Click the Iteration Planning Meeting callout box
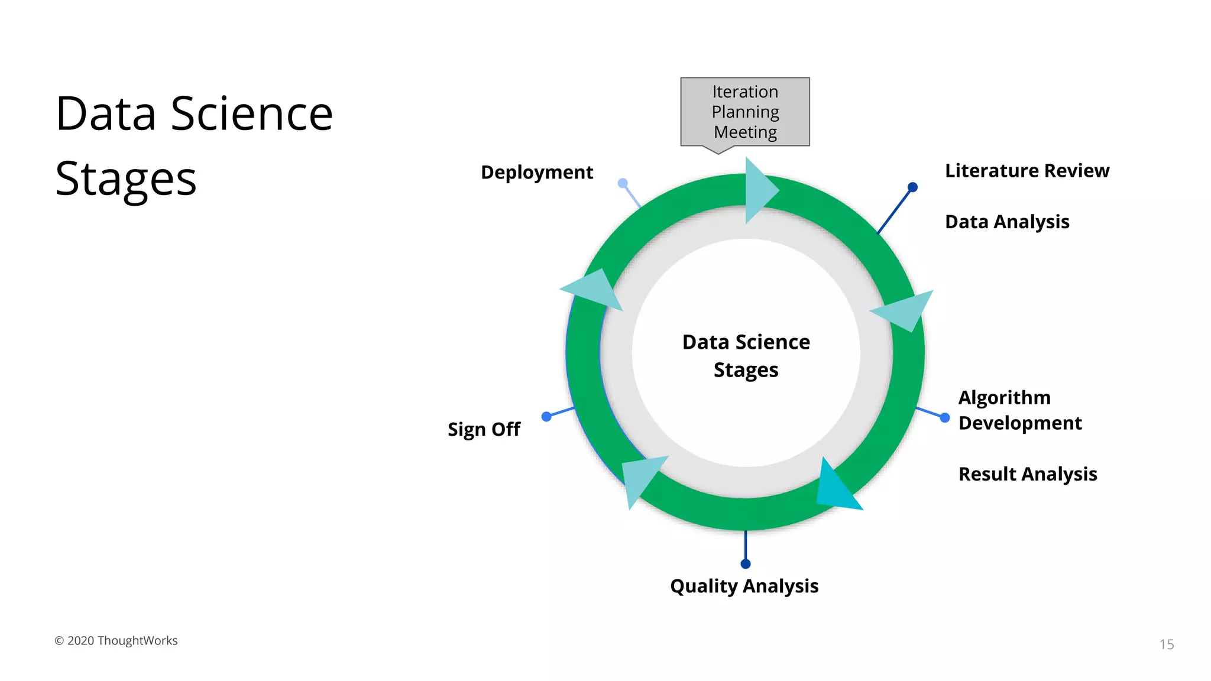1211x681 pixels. click(x=745, y=112)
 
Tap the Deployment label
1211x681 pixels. click(x=536, y=172)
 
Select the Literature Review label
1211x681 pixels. click(x=1027, y=170)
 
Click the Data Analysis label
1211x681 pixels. click(x=1006, y=222)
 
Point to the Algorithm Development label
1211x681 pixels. click(x=1019, y=410)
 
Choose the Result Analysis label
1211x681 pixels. click(x=1027, y=474)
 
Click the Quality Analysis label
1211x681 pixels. click(x=744, y=586)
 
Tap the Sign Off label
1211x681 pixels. click(x=484, y=429)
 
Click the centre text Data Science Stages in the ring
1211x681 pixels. click(x=746, y=355)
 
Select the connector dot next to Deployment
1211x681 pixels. click(x=623, y=183)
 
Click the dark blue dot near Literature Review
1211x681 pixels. click(x=912, y=187)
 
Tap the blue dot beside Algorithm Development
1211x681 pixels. click(x=945, y=418)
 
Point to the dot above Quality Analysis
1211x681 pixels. click(x=746, y=564)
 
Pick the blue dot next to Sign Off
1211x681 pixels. click(x=546, y=417)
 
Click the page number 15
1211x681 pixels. click(x=1166, y=644)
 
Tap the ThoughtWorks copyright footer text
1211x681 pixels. click(x=116, y=641)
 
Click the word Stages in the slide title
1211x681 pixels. click(x=125, y=179)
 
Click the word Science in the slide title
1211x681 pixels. click(x=252, y=113)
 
